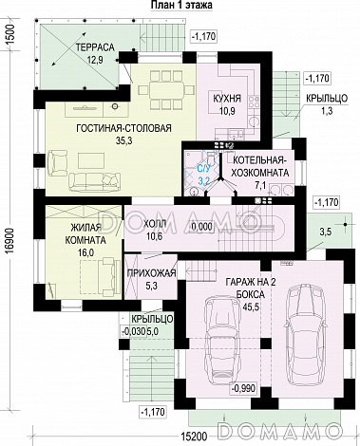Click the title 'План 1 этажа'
pyautogui.click(x=181, y=5)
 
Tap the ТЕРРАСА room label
pyautogui.click(x=95, y=47)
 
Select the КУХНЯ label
pyautogui.click(x=227, y=98)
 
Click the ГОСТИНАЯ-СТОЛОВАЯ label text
pyautogui.click(x=123, y=128)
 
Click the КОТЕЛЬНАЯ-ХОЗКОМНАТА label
pyautogui.click(x=260, y=166)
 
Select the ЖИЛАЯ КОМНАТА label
pyautogui.click(x=85, y=234)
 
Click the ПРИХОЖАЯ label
pyautogui.click(x=151, y=273)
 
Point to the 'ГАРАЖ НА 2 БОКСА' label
pyautogui.click(x=250, y=288)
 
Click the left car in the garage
pyautogui.click(x=220, y=340)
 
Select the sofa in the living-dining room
pyautogui.click(x=95, y=182)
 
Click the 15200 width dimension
pyautogui.click(x=195, y=437)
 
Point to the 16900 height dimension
pyautogui.click(x=12, y=240)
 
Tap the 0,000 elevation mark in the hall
pyautogui.click(x=201, y=227)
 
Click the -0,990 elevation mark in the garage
pyautogui.click(x=243, y=388)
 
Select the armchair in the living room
pyautogui.click(x=57, y=164)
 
